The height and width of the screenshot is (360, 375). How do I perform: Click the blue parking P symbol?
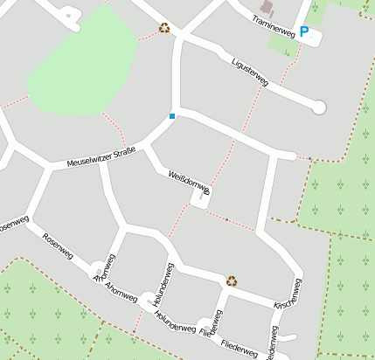pyautogui.click(x=304, y=31)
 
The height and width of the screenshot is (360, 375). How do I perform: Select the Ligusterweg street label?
pyautogui.click(x=250, y=70)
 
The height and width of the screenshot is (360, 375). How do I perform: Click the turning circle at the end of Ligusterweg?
pyautogui.click(x=319, y=107)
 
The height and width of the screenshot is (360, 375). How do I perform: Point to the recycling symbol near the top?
pyautogui.click(x=164, y=27)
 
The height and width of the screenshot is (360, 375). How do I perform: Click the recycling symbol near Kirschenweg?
pyautogui.click(x=232, y=280)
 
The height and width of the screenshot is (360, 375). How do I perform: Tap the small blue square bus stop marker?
pyautogui.click(x=172, y=116)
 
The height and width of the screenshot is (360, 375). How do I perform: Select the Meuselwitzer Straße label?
pyautogui.click(x=101, y=158)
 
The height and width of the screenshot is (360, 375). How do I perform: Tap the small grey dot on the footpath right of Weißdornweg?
pyautogui.click(x=227, y=219)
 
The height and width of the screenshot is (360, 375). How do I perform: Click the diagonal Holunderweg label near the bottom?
pyautogui.click(x=175, y=322)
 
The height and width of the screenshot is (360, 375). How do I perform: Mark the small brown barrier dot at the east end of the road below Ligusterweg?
pyautogui.click(x=309, y=159)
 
